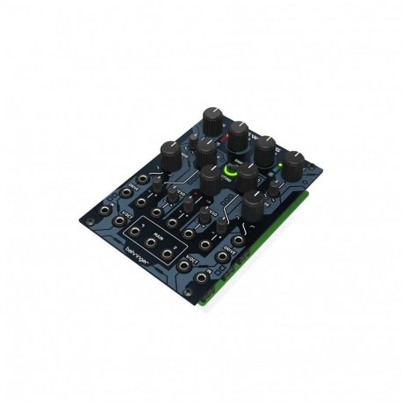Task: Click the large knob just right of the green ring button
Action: point(248,174)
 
